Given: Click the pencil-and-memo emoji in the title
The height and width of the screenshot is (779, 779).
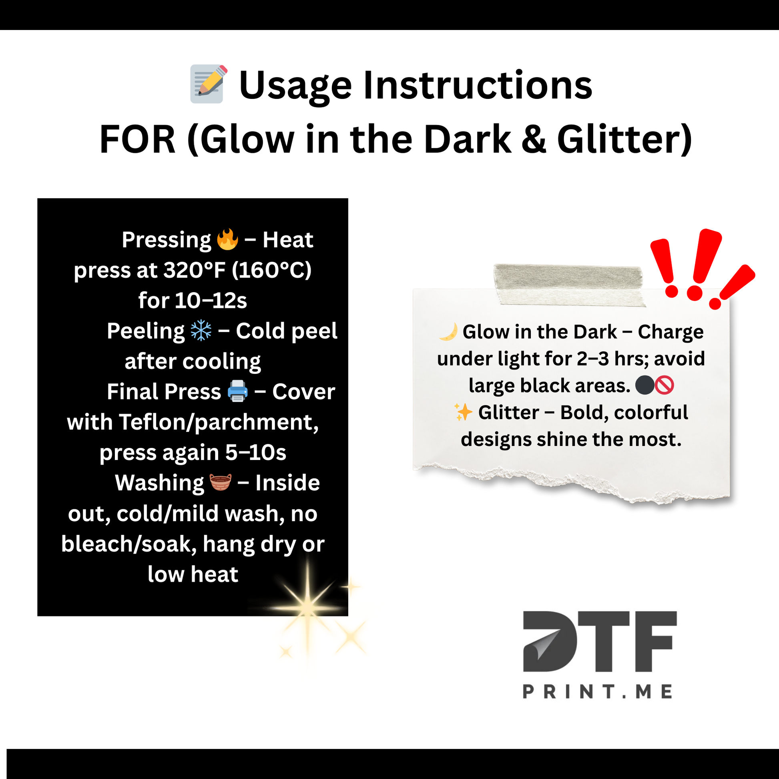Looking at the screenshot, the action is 209,84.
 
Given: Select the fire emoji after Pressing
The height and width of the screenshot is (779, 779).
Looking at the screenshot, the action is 227,239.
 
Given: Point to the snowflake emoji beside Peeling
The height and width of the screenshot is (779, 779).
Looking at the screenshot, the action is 201,331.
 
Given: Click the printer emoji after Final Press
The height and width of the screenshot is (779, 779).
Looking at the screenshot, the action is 237,391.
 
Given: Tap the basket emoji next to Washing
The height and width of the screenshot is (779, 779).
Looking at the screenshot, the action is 220,482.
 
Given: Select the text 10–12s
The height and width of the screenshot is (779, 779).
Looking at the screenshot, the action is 211,300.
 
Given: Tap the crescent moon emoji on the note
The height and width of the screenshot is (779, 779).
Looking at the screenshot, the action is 448,332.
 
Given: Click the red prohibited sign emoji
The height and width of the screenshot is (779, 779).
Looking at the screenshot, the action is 664,385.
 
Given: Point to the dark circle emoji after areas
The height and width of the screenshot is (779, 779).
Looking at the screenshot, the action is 645,385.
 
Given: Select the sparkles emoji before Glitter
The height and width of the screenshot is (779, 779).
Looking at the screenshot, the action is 463,412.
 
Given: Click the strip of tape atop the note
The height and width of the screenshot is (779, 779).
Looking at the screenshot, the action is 568,285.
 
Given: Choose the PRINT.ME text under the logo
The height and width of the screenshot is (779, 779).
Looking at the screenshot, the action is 598,692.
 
